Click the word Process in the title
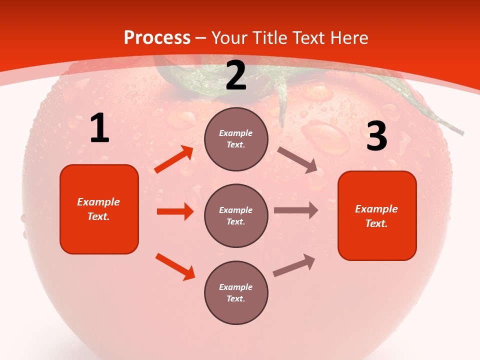pyautogui.click(x=157, y=38)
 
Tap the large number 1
pyautogui.click(x=99, y=128)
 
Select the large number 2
pyautogui.click(x=236, y=75)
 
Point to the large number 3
pyautogui.click(x=376, y=136)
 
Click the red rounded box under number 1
pyautogui.click(x=99, y=209)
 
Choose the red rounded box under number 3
pyautogui.click(x=377, y=216)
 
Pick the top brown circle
pyautogui.click(x=236, y=139)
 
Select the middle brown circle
pyautogui.click(x=236, y=216)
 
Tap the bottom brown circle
pyautogui.click(x=236, y=293)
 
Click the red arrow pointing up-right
pyautogui.click(x=174, y=159)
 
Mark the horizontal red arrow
pyautogui.click(x=175, y=211)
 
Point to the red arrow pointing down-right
pyautogui.click(x=175, y=266)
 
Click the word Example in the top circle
pyautogui.click(x=236, y=133)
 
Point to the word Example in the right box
pyautogui.click(x=376, y=209)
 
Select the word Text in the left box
pyautogui.click(x=98, y=216)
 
